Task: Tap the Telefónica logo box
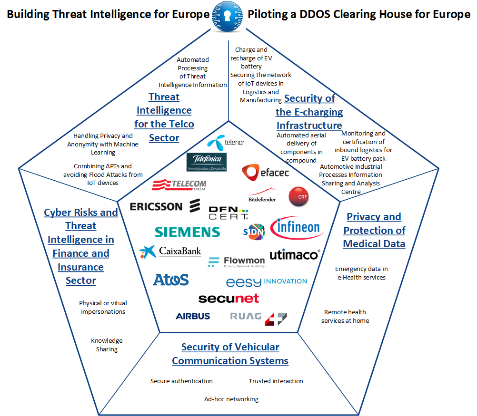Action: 206,162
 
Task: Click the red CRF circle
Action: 299,196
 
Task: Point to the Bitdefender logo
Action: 262,196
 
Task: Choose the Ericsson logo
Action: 163,206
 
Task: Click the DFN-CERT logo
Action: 229,213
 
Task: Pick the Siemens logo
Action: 187,232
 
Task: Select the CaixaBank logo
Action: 170,252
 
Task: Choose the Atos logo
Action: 170,280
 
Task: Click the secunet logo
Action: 229,299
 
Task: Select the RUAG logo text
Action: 246,316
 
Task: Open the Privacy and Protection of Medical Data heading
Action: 374,230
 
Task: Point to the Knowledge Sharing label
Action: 107,345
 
